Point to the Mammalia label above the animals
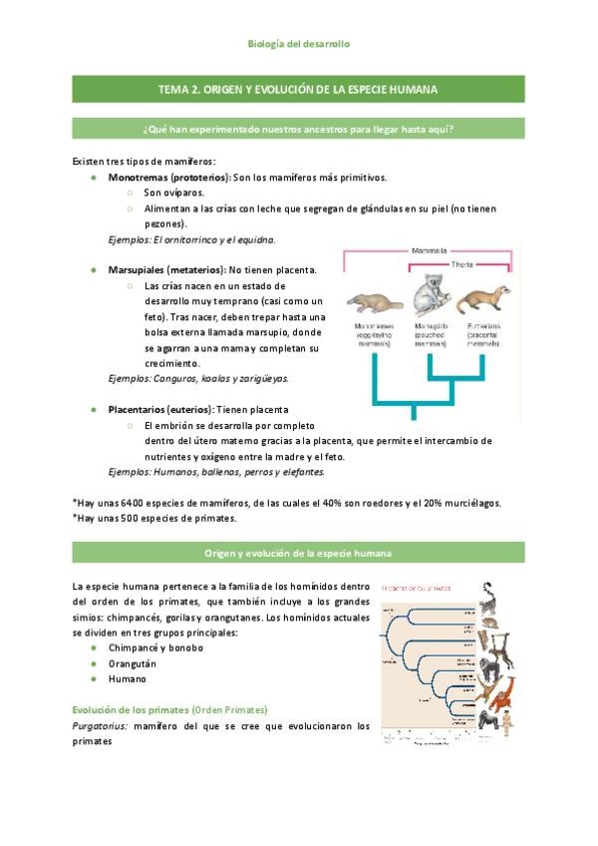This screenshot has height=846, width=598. [429, 250]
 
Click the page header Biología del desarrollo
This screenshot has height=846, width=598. [298, 44]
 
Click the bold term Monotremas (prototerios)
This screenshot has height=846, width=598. [168, 177]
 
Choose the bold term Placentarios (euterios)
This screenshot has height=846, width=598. [160, 409]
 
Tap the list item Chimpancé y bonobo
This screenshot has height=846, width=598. [155, 646]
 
